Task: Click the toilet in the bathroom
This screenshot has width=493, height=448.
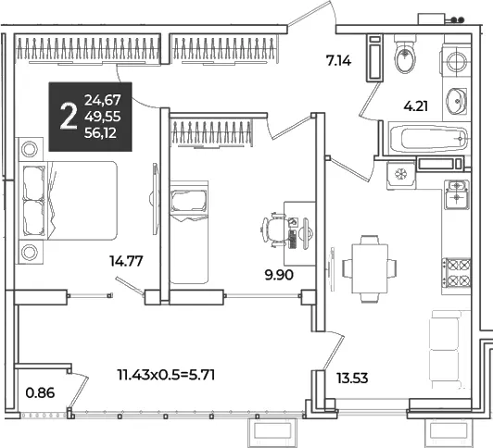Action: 405,54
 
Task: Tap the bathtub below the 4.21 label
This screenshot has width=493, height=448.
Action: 429,139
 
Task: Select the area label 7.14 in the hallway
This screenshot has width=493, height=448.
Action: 338,60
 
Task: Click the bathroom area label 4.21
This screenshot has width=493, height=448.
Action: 416,106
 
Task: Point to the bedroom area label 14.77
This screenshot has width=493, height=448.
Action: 126,261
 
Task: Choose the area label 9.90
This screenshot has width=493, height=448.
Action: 279,275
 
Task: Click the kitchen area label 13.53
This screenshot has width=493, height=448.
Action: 352,378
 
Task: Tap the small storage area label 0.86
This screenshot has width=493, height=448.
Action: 40,392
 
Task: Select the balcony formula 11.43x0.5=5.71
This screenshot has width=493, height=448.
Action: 166,375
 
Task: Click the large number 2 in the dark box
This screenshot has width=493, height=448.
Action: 69,117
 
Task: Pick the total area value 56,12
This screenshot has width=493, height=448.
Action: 101,133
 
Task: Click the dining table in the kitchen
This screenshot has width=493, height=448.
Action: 370,268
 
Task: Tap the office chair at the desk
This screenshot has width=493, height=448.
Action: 274,230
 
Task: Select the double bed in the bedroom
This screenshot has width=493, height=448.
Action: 68,201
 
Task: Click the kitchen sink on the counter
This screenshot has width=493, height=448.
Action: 457,194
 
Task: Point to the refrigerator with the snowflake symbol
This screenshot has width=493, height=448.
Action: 401,174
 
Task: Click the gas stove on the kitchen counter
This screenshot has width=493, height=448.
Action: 457,272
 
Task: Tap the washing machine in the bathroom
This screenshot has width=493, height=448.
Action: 456,62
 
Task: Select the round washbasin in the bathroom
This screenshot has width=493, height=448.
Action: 456,101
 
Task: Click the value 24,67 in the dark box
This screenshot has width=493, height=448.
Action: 103,100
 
